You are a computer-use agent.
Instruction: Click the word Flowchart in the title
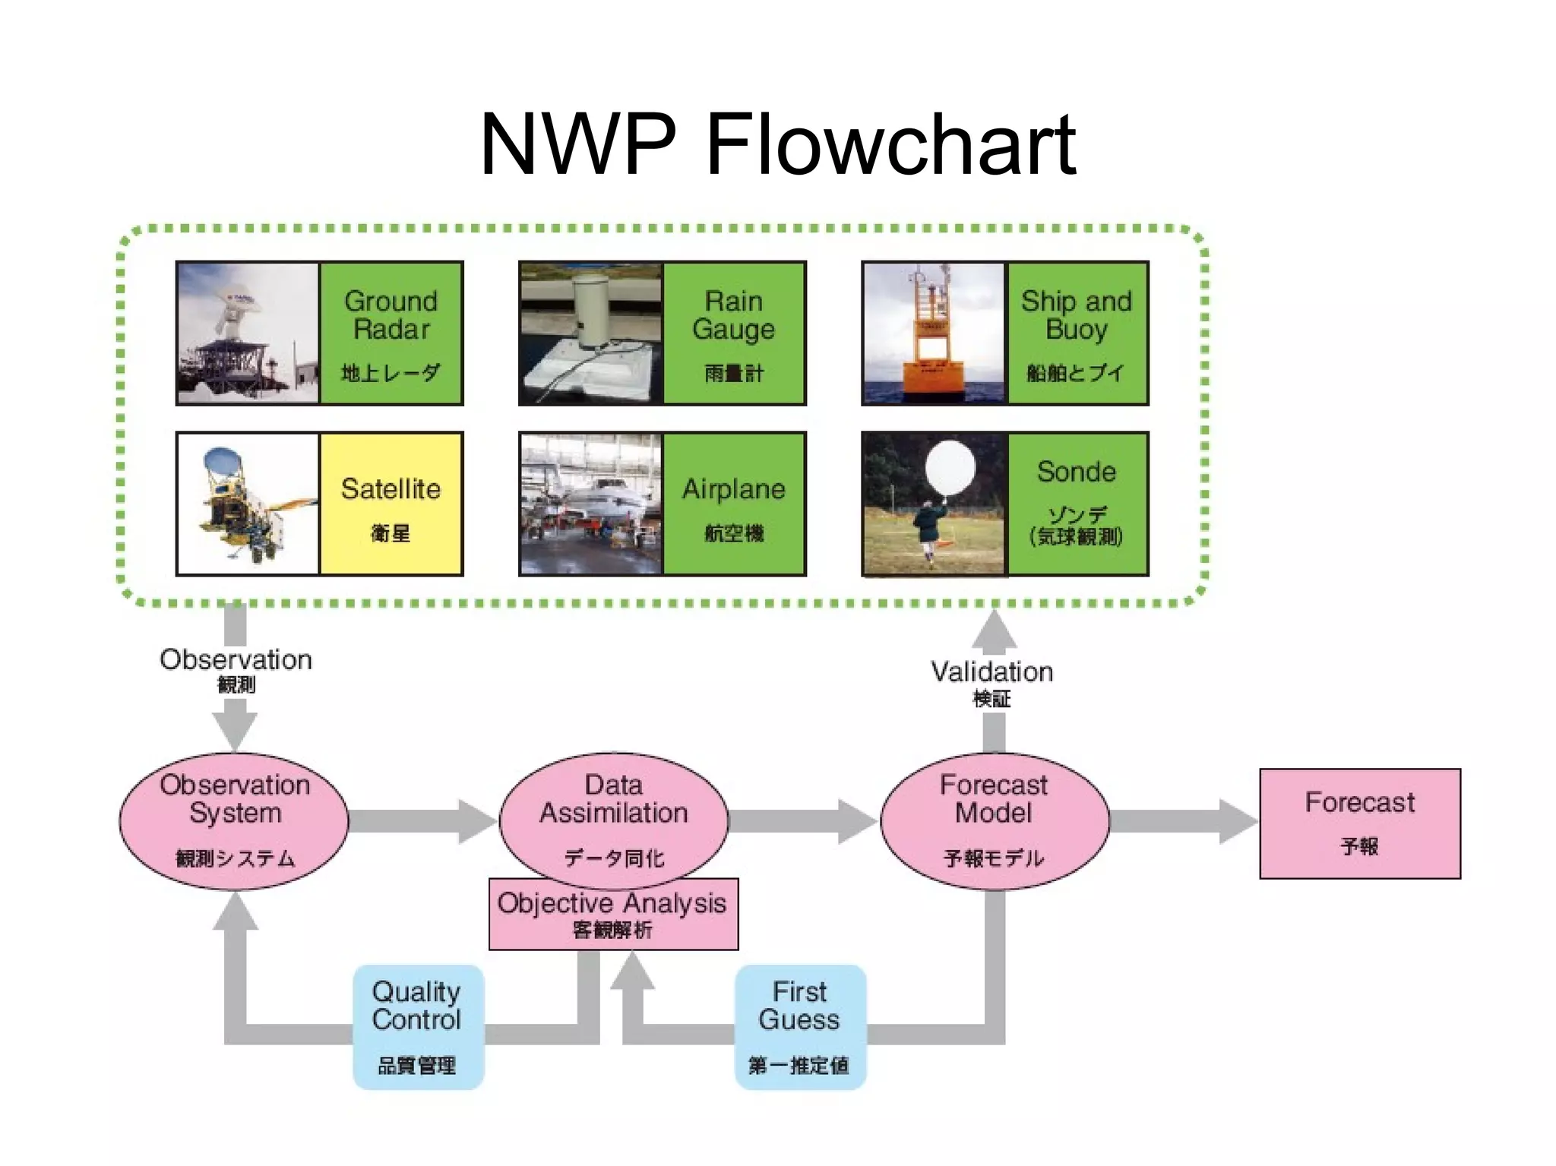(x=890, y=144)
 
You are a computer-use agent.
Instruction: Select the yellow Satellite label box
(x=391, y=504)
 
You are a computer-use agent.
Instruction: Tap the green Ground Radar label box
(x=391, y=333)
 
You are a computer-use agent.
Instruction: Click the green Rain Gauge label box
(x=733, y=333)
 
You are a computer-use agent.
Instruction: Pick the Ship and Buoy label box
(x=1077, y=333)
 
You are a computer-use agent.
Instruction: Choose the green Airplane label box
(x=733, y=504)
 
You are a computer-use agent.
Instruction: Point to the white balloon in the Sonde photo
(x=950, y=468)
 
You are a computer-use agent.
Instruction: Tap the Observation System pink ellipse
(x=234, y=820)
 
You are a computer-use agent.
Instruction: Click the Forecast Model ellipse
(x=994, y=820)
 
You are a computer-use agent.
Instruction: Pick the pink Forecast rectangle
(x=1359, y=823)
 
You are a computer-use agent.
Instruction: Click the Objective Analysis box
(x=612, y=914)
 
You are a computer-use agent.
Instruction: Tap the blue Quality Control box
(x=417, y=1026)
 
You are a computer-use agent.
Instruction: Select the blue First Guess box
(x=799, y=1026)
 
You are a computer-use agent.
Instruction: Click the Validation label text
(x=991, y=672)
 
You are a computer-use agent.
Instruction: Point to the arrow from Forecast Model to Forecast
(x=1181, y=821)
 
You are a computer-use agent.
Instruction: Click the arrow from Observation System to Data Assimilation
(x=422, y=821)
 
